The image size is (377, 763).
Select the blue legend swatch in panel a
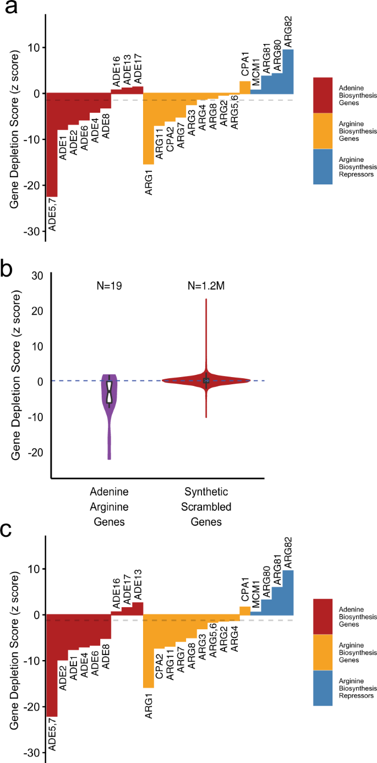tap(330, 167)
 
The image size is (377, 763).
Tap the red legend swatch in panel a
tap(330, 95)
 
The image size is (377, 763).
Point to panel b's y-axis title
tap(15, 376)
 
